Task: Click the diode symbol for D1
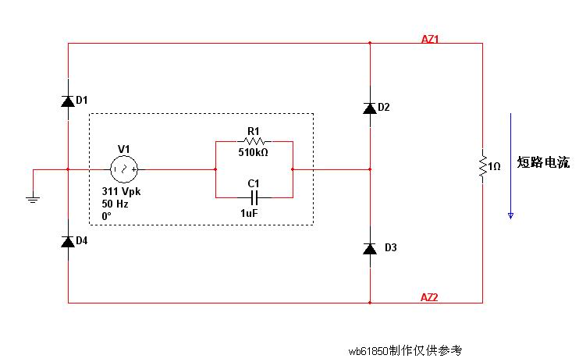pyautogui.click(x=68, y=100)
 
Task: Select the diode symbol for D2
pyautogui.click(x=369, y=108)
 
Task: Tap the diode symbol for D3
pyautogui.click(x=369, y=248)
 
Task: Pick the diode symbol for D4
pyautogui.click(x=68, y=241)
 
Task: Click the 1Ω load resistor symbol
pyautogui.click(x=482, y=165)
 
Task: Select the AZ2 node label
pyautogui.click(x=430, y=297)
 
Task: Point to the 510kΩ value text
pyautogui.click(x=253, y=153)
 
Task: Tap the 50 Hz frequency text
pyautogui.click(x=115, y=204)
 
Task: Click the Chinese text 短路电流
pyautogui.click(x=543, y=163)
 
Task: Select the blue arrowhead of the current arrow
pyautogui.click(x=510, y=214)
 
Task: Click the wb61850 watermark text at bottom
pyautogui.click(x=406, y=350)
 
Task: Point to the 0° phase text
pyautogui.click(x=107, y=215)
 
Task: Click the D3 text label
pyautogui.click(x=391, y=248)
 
